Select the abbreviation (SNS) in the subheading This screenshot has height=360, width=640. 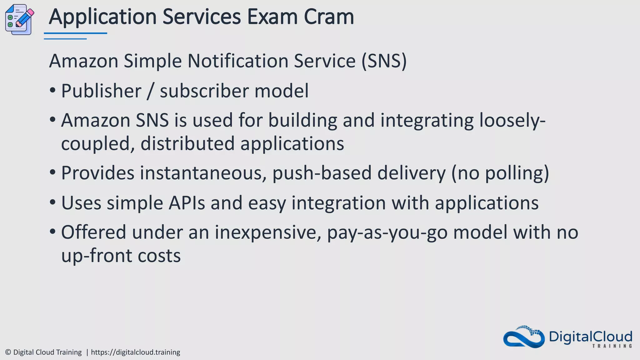pos(384,61)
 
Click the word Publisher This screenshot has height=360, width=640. pos(101,91)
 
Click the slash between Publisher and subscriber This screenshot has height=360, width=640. pos(150,91)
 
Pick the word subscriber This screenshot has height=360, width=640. pos(204,91)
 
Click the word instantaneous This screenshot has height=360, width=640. pos(201,173)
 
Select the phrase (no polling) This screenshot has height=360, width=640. pos(500,173)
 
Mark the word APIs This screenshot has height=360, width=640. pos(187,203)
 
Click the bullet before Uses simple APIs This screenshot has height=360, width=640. pos(52,202)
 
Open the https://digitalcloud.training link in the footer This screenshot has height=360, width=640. pos(135,352)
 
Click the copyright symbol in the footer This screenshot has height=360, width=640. pos(8,352)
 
